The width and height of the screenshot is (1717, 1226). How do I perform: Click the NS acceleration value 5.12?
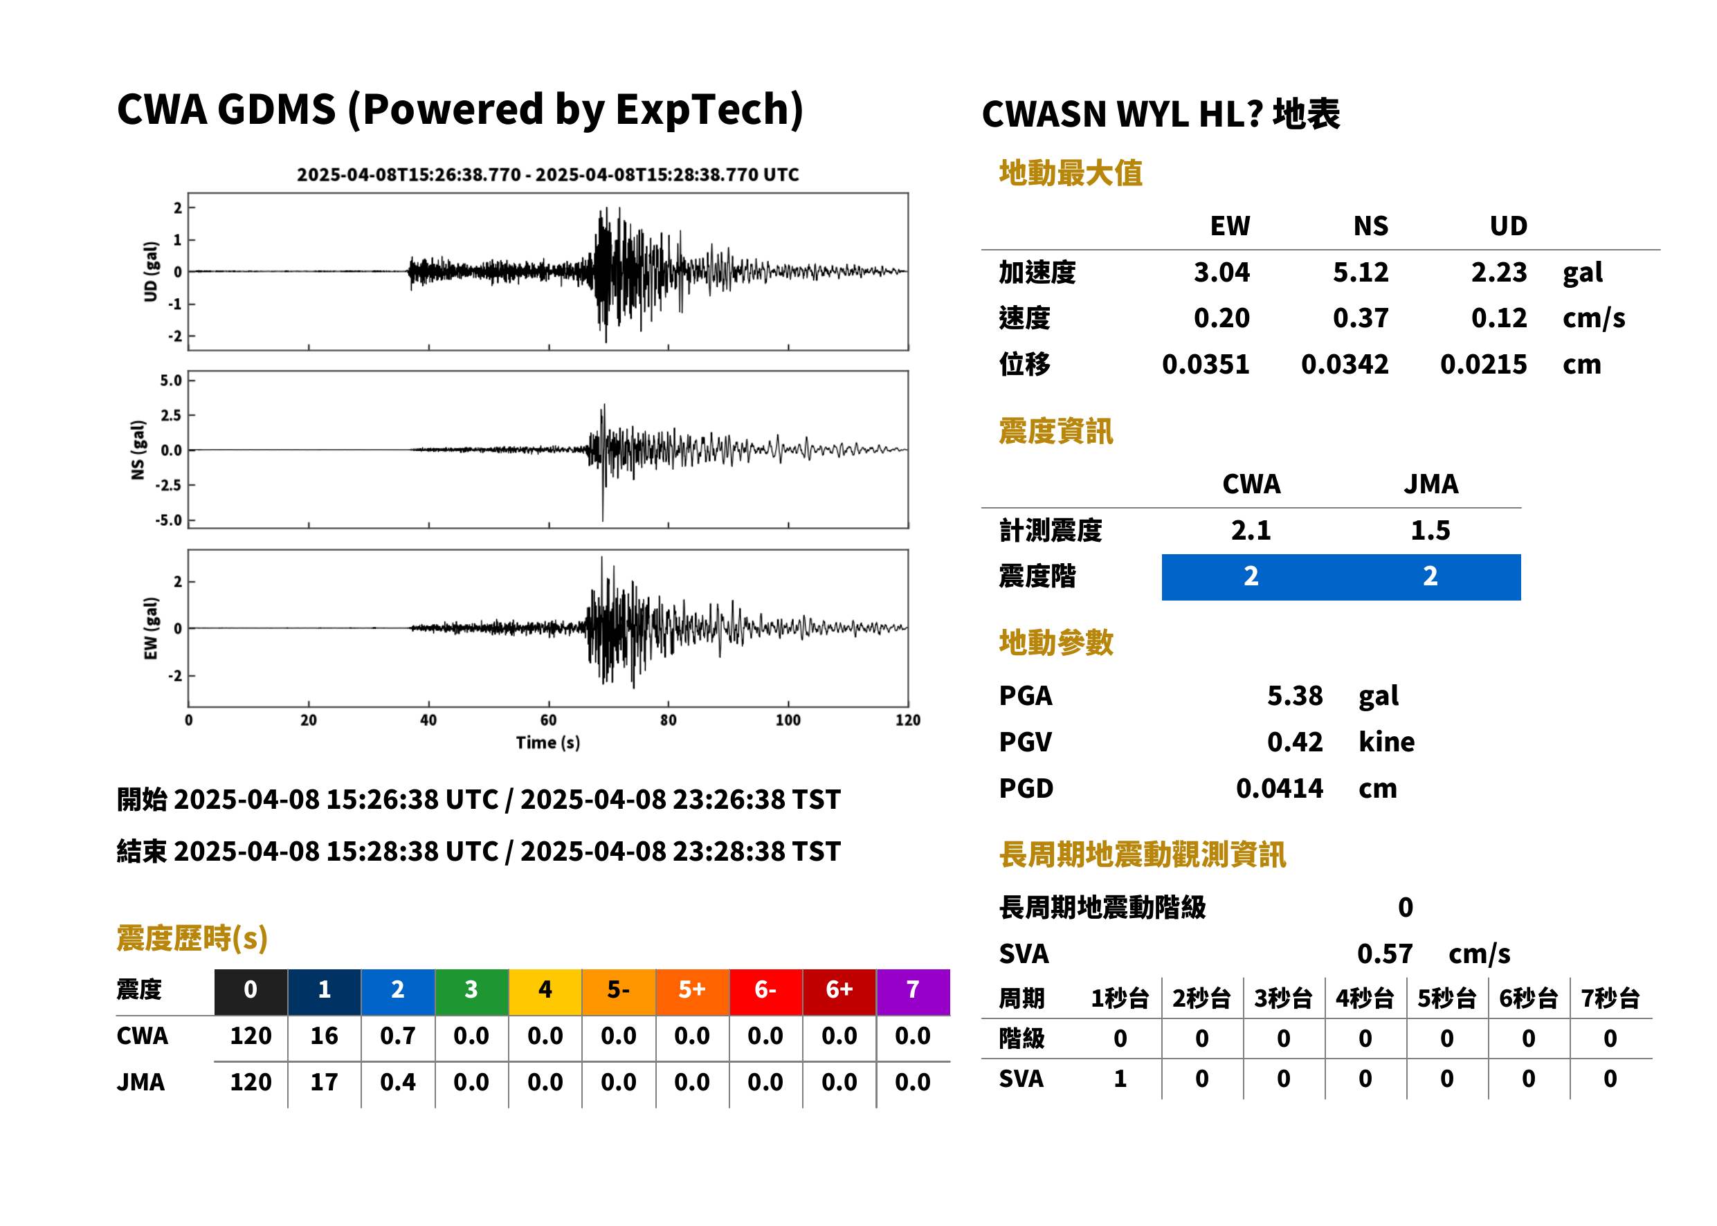click(x=1360, y=272)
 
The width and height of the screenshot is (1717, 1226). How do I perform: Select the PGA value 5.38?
click(x=1294, y=695)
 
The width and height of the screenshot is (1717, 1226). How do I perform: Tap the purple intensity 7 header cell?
click(x=913, y=989)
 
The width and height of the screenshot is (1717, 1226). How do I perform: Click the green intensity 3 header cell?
click(x=471, y=989)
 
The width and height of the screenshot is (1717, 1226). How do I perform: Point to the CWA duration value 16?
click(x=324, y=1036)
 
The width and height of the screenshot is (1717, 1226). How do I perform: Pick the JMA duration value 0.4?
click(x=398, y=1083)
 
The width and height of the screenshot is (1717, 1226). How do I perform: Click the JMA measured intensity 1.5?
click(x=1430, y=530)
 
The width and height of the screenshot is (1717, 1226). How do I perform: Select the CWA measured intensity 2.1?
click(x=1251, y=530)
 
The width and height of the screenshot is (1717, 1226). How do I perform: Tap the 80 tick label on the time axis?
click(x=669, y=720)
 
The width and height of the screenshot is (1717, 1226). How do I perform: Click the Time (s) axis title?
click(x=548, y=743)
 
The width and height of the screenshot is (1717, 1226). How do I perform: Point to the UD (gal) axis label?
click(x=151, y=272)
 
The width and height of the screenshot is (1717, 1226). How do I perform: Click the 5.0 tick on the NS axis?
click(x=172, y=381)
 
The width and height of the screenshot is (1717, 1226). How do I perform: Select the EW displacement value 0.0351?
click(x=1206, y=365)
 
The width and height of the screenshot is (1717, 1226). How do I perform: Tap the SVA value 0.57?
click(x=1385, y=953)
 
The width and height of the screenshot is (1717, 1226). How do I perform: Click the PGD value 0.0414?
click(x=1280, y=788)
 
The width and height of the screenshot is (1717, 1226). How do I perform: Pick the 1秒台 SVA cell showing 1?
click(x=1120, y=1079)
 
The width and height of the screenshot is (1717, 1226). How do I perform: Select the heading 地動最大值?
click(x=1071, y=173)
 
